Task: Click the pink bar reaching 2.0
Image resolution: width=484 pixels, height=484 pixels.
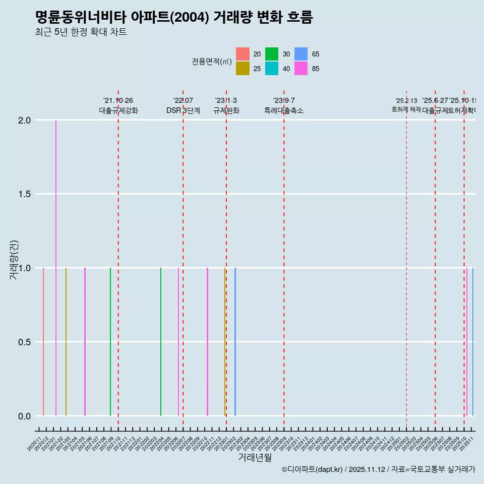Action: [x=56, y=267]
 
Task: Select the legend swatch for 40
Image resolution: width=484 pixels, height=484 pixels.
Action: [x=272, y=69]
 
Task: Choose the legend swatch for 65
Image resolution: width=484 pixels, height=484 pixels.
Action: [x=301, y=54]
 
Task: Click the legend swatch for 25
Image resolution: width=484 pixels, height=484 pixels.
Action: [x=243, y=69]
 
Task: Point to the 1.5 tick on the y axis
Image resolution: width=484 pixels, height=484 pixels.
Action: [x=24, y=194]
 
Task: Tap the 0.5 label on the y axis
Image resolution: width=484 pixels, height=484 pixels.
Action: [x=24, y=342]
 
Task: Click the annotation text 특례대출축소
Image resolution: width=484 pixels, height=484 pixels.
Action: [x=284, y=110]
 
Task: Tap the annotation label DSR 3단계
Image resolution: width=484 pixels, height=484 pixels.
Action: [x=183, y=110]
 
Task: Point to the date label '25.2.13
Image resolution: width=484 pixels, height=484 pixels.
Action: [x=406, y=101]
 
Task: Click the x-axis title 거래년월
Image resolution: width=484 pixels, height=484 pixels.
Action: [x=255, y=458]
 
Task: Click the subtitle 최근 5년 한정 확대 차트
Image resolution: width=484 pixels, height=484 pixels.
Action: [x=81, y=32]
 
